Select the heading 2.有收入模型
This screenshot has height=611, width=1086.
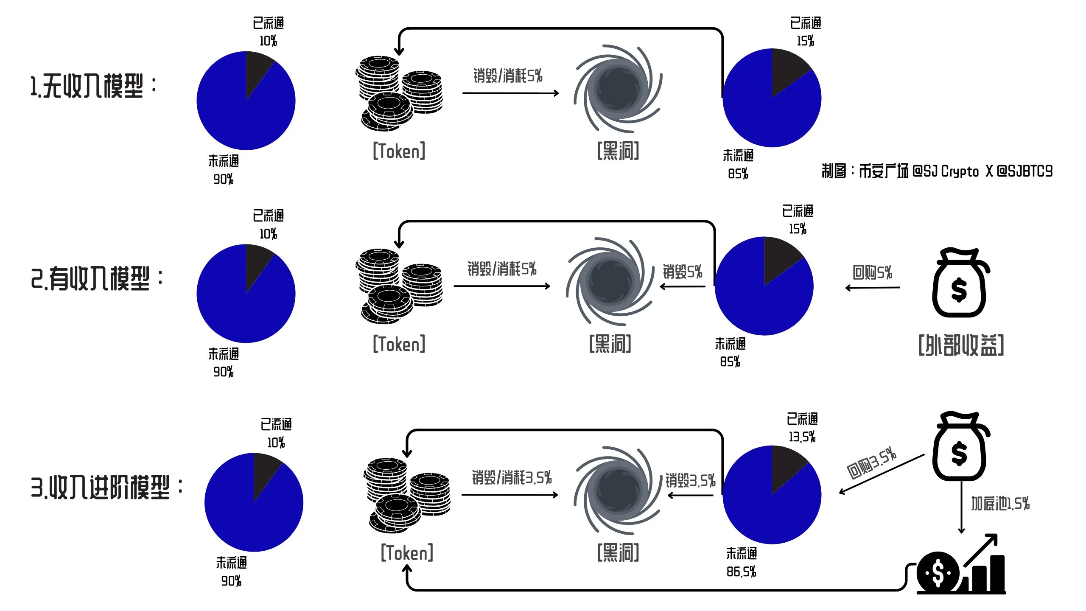(x=97, y=278)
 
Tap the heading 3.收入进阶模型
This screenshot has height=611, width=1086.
(x=106, y=487)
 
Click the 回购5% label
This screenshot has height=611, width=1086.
(x=872, y=272)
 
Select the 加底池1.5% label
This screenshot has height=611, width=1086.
(x=1000, y=504)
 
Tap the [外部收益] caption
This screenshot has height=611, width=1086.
(x=961, y=345)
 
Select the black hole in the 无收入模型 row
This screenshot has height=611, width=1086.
(x=618, y=88)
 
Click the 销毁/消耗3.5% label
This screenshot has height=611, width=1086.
(x=512, y=478)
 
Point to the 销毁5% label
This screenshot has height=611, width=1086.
(x=682, y=272)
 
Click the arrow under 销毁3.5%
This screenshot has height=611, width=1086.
(x=691, y=495)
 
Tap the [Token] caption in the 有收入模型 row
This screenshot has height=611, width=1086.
(x=399, y=344)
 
